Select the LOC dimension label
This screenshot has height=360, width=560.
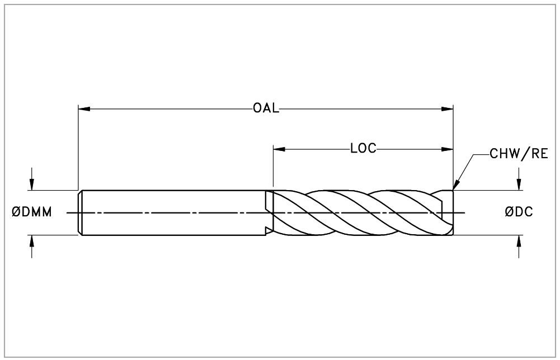click(363, 149)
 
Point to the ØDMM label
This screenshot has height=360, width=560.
click(32, 212)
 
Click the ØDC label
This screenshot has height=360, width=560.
click(519, 212)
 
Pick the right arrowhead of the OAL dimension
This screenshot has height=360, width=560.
click(447, 108)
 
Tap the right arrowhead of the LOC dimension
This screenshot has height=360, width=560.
click(447, 149)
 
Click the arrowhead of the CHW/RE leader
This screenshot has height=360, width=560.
click(455, 186)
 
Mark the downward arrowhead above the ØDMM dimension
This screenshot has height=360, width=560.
click(32, 185)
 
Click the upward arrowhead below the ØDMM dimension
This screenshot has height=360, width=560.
click(32, 240)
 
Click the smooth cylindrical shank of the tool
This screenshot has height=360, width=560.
click(173, 212)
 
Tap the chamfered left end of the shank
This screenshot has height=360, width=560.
click(80, 212)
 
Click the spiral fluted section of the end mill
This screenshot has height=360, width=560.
click(358, 212)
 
